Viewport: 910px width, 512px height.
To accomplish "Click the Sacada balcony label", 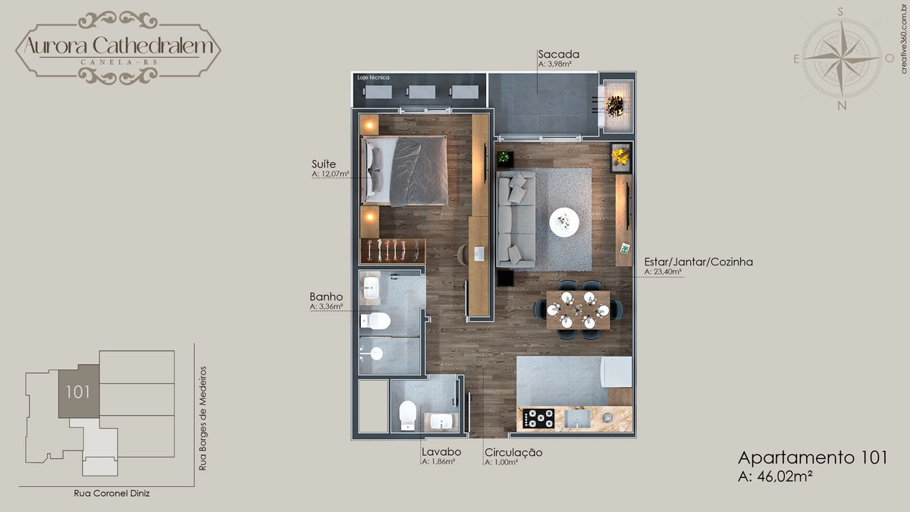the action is click(559, 54).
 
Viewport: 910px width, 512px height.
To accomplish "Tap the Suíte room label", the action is click(324, 164).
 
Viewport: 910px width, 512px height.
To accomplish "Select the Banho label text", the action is click(326, 297).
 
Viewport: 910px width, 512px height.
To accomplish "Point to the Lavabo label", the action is click(441, 452).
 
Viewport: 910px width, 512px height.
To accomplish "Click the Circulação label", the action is click(513, 453).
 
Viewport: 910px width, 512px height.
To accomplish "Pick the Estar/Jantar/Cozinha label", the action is click(698, 262).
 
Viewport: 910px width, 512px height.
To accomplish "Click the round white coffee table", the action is click(564, 222).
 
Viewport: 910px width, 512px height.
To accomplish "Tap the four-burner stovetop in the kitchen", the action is click(538, 419).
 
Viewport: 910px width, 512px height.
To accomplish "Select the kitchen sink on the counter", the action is click(577, 419).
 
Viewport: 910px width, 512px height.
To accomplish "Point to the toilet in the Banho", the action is click(375, 321).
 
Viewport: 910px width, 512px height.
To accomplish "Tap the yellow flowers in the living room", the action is click(620, 156).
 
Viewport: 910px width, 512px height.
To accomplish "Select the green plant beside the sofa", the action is click(504, 157).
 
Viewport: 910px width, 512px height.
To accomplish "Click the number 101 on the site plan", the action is click(78, 392).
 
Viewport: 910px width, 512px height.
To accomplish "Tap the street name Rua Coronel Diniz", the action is click(111, 493).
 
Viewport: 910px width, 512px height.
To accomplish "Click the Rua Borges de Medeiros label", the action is click(202, 419).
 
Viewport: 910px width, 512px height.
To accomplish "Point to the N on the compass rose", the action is click(842, 105).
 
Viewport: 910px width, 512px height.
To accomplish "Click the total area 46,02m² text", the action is click(776, 476).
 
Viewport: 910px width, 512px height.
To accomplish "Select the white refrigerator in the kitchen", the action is click(617, 372).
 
